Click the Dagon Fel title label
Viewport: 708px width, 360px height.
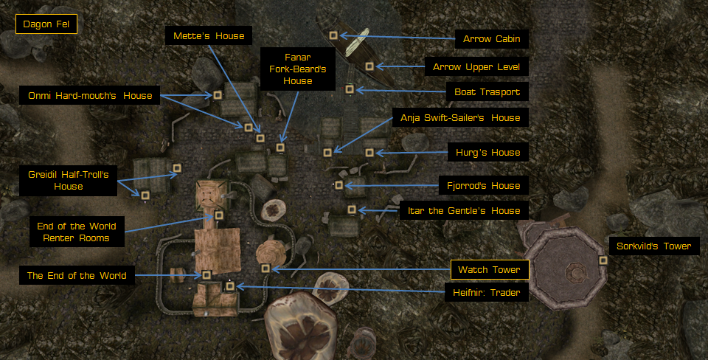[x=46, y=25]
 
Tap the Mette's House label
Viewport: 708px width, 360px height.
[x=209, y=35]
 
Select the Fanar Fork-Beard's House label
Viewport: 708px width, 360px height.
[x=298, y=69]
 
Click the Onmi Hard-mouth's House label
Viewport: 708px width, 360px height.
[x=89, y=95]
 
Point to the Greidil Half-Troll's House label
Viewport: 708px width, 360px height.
[x=68, y=181]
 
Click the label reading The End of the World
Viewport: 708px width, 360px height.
[x=77, y=276]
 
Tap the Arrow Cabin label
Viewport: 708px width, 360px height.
[x=492, y=39]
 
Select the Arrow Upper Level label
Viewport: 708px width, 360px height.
[x=476, y=67]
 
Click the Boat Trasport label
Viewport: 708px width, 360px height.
[x=487, y=92]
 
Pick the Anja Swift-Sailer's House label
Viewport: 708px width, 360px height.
[x=460, y=117]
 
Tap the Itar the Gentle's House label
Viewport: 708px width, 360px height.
[x=464, y=210]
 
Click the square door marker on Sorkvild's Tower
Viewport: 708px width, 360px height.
[x=603, y=260]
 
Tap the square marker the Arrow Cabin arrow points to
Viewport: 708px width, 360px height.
[x=334, y=35]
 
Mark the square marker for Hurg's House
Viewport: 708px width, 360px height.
[x=369, y=153]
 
